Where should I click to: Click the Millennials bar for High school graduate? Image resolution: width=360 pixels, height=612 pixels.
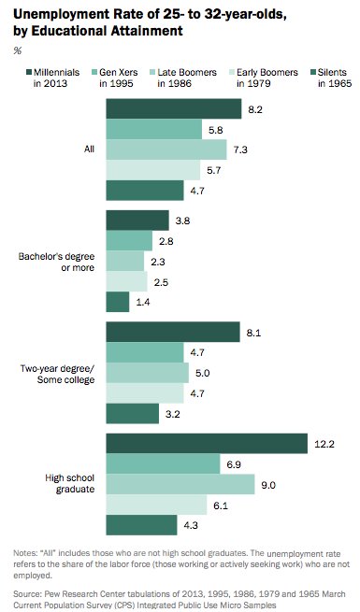point(207,443)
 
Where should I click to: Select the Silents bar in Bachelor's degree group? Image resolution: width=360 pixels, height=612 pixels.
point(118,302)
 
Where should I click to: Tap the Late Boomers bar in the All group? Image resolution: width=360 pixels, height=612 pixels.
point(166,149)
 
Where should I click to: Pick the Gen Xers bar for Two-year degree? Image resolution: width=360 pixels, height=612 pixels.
point(145,352)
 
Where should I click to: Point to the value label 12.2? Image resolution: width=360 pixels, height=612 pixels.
point(324,444)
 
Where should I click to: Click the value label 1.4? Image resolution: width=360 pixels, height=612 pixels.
point(142,303)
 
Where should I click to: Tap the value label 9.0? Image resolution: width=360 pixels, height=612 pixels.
point(268,484)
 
